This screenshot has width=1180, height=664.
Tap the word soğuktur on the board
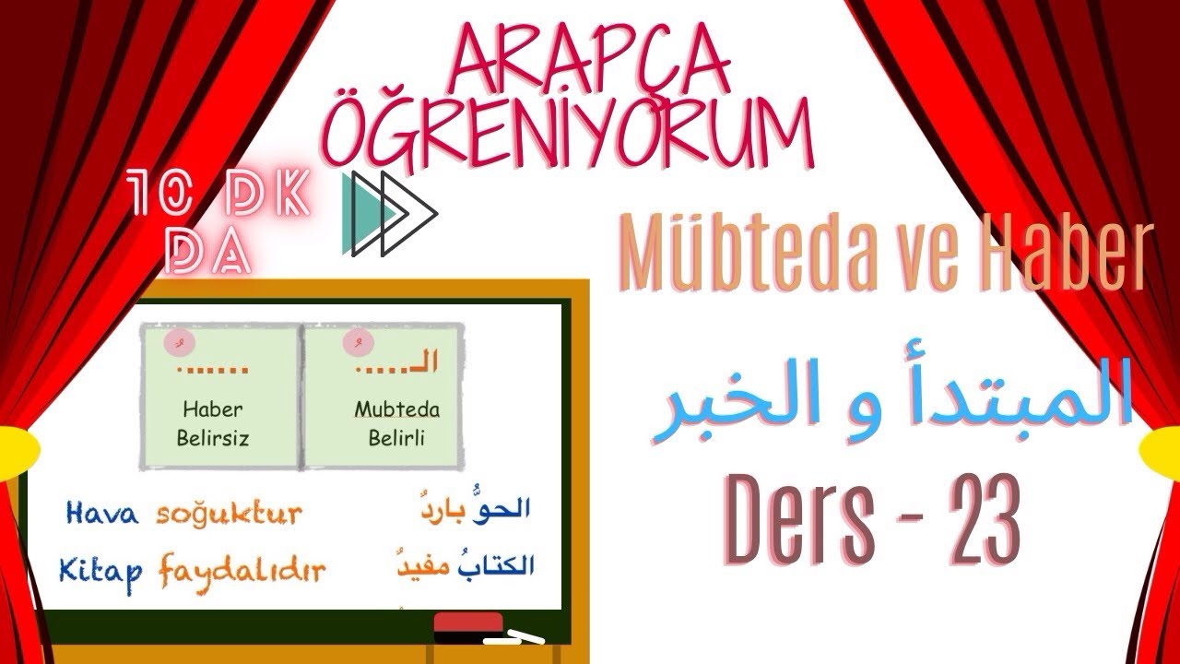click(x=229, y=513)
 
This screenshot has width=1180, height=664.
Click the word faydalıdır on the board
click(x=242, y=572)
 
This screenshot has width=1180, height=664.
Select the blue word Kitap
click(x=101, y=572)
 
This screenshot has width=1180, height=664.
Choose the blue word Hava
click(x=101, y=513)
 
